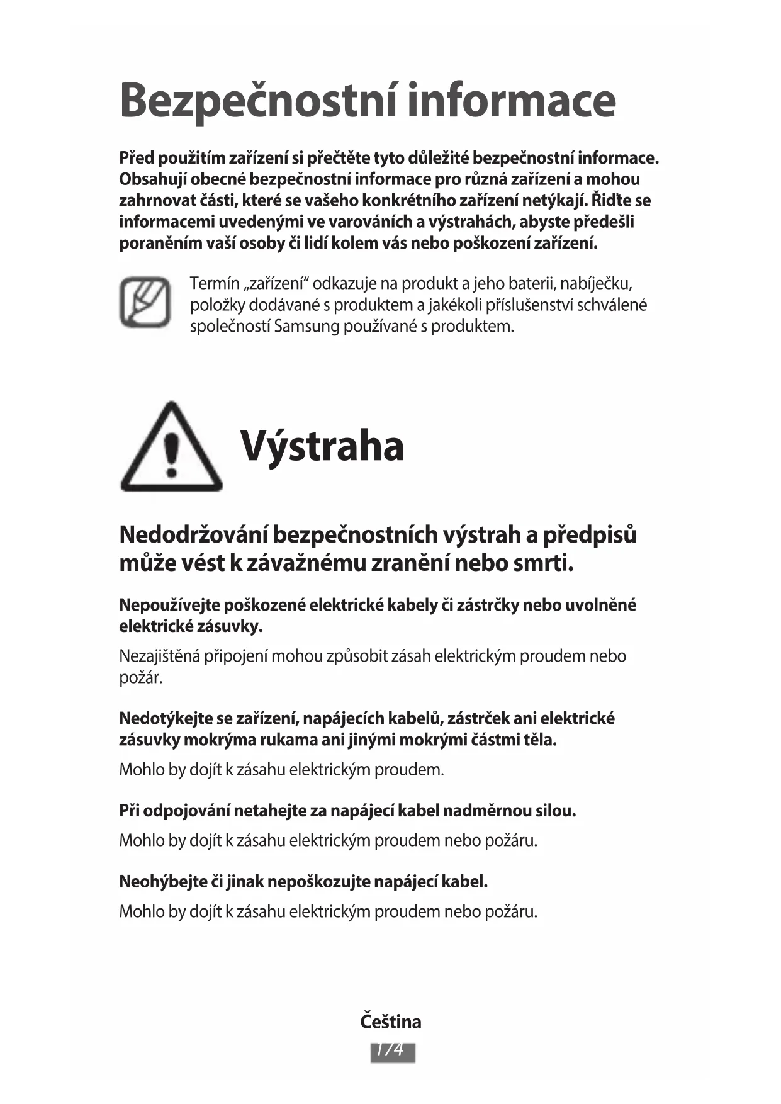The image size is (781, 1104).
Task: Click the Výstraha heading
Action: click(322, 446)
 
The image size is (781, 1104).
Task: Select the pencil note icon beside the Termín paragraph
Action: click(145, 302)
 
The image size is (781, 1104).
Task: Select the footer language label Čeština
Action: click(391, 1021)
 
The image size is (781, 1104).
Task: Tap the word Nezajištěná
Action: click(159, 656)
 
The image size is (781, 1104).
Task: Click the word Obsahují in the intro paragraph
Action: click(152, 179)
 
